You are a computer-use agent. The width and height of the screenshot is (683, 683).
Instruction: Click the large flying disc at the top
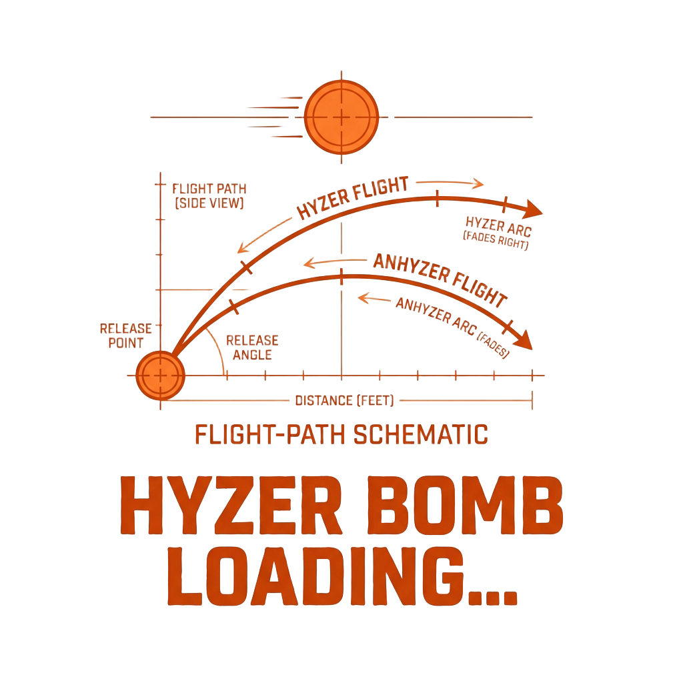pyautogui.click(x=341, y=117)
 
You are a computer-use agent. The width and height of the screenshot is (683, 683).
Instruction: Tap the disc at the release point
pyautogui.click(x=160, y=375)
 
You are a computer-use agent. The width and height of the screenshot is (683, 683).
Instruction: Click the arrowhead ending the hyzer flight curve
pyautogui.click(x=533, y=209)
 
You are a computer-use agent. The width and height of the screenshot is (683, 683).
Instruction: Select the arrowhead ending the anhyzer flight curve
pyautogui.click(x=524, y=339)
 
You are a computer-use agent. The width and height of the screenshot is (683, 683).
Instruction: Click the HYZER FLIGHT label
pyautogui.click(x=352, y=197)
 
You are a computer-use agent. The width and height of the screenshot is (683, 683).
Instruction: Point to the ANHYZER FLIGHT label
pyautogui.click(x=440, y=279)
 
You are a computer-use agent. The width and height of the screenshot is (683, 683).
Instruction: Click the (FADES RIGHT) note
pyautogui.click(x=496, y=240)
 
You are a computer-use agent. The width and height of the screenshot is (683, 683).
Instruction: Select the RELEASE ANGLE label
pyautogui.click(x=252, y=348)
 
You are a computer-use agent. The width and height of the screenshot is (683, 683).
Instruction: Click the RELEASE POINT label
pyautogui.click(x=126, y=336)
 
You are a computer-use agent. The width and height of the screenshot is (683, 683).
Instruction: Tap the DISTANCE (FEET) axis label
pyautogui.click(x=345, y=400)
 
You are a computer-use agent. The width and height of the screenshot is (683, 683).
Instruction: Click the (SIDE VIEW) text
pyautogui.click(x=209, y=203)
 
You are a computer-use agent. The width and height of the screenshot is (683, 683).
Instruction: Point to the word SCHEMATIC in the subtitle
pyautogui.click(x=420, y=434)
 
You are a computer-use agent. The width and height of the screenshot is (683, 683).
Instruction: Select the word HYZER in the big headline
pyautogui.click(x=231, y=506)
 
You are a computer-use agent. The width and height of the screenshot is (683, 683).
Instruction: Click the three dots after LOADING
pyautogui.click(x=493, y=597)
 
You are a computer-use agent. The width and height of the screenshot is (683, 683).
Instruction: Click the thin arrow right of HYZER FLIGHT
pyautogui.click(x=450, y=183)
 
